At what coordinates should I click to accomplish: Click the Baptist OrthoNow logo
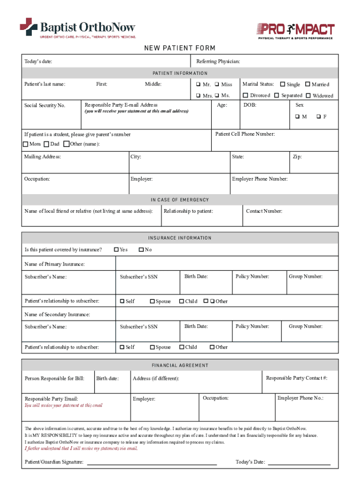(78, 28)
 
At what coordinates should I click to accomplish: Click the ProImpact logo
(295, 30)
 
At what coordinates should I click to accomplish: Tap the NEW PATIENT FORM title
(180, 49)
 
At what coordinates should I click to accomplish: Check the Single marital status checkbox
(282, 84)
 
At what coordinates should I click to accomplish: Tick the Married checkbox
(308, 84)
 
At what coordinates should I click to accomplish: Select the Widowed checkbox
(308, 95)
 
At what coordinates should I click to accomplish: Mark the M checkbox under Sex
(297, 116)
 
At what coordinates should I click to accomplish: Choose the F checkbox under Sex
(318, 116)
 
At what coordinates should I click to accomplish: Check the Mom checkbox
(26, 144)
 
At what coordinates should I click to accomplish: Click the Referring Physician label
(218, 61)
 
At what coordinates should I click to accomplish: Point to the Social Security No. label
(45, 105)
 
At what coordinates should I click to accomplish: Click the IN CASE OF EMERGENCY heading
(180, 200)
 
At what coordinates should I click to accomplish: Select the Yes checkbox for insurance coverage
(116, 249)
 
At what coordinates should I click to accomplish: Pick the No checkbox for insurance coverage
(141, 249)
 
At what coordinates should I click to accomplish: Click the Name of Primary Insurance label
(55, 264)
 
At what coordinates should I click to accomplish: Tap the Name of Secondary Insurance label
(57, 314)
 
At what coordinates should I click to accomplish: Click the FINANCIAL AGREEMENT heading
(180, 365)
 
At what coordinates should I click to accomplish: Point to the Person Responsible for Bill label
(54, 378)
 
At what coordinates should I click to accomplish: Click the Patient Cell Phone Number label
(245, 134)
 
